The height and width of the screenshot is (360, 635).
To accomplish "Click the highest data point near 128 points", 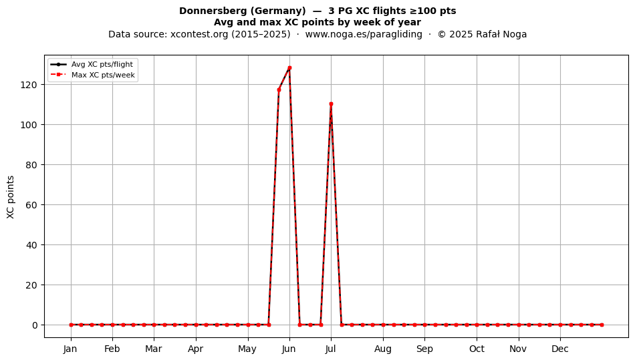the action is (289, 68).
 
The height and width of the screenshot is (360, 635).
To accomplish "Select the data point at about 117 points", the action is (279, 89).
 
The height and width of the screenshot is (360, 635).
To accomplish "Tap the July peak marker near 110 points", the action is (331, 104).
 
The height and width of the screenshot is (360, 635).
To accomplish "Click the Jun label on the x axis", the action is (289, 349).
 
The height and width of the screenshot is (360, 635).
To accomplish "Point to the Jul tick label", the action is (330, 349).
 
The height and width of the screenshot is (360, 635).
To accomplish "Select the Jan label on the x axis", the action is (70, 349).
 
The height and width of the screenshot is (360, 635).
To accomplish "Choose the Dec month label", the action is (560, 349).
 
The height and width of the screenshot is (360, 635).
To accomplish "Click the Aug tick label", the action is (383, 349).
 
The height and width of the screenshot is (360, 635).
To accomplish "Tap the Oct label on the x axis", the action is (477, 349).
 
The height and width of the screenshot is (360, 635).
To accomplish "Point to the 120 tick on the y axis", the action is (29, 85).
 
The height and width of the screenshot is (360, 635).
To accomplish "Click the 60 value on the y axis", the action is (31, 205).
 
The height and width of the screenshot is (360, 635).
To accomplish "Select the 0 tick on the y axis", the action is (35, 325).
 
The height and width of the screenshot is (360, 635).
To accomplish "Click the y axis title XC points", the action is (11, 197).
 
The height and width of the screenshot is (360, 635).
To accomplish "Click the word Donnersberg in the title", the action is (208, 11).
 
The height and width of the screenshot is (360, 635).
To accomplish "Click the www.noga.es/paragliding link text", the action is (364, 34).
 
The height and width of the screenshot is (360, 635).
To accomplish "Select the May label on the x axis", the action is (247, 349).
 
